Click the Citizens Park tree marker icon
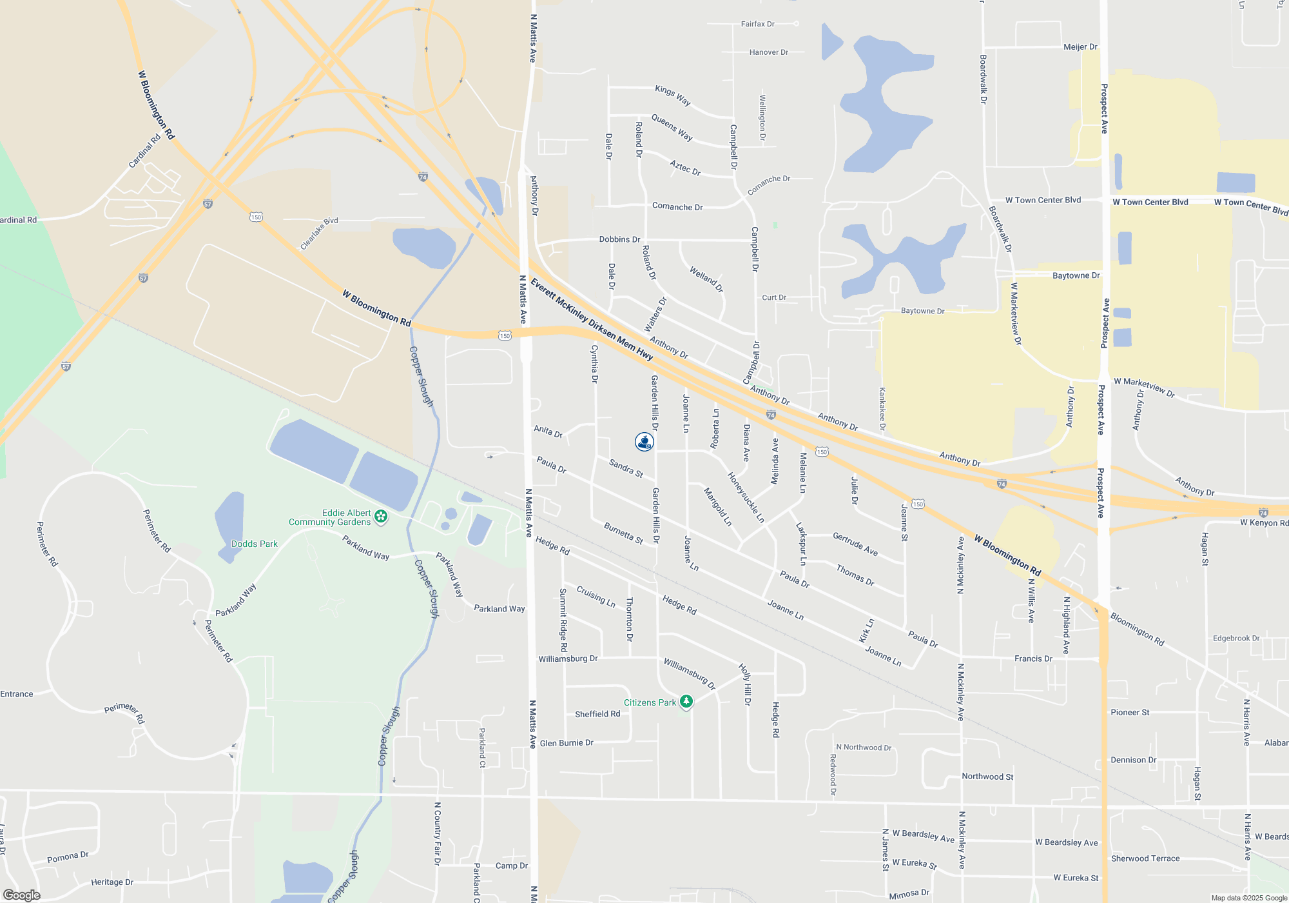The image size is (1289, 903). pos(686,702)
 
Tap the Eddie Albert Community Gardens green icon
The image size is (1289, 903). pos(381,517)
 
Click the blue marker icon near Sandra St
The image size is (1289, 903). pos(644,442)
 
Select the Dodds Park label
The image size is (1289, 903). pos(255,544)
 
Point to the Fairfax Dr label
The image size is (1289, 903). pos(757,24)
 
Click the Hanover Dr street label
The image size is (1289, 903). pos(768,52)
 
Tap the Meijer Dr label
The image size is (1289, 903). pos(1080,46)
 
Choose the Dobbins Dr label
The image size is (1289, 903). pos(619,239)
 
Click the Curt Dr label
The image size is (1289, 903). pos(774,297)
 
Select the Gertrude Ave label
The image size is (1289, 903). pos(855,544)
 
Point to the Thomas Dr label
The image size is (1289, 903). pos(855,575)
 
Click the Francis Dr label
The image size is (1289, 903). pos(1033,659)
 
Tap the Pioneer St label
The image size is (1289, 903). pos(1130,712)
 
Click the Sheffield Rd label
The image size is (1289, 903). pos(597,714)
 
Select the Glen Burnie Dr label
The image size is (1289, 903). pos(567,743)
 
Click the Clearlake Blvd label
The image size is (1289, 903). pos(319,233)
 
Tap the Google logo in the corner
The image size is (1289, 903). pos(22,895)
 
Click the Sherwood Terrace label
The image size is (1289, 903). pos(1145,858)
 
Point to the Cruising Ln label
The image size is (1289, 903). pos(596,596)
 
